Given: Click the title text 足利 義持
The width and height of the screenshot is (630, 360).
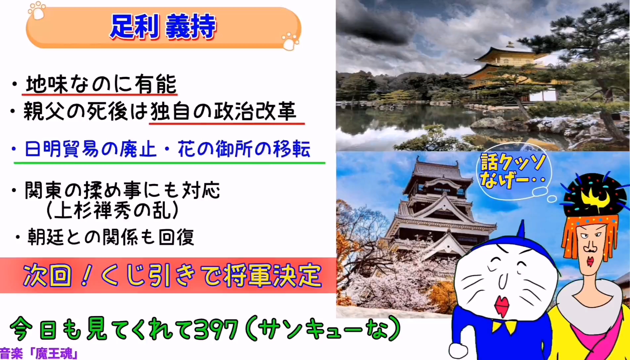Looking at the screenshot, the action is (x=163, y=26).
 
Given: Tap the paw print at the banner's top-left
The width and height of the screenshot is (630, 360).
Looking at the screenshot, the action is (x=37, y=11).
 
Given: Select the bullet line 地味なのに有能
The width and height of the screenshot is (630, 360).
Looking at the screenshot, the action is (x=101, y=84).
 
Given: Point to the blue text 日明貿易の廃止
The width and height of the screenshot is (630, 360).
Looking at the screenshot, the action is (x=90, y=149).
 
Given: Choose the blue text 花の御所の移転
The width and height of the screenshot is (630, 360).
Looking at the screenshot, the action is (x=244, y=149).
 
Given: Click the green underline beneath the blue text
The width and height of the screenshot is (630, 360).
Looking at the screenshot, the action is (x=169, y=163).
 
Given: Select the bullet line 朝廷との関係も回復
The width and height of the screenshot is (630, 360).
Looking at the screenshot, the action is (x=111, y=237).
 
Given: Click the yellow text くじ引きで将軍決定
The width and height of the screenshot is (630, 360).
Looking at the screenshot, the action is (x=211, y=275).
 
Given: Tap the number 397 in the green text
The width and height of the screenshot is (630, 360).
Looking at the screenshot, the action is (x=216, y=329).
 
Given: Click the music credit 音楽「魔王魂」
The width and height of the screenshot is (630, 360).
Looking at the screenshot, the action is (x=39, y=354).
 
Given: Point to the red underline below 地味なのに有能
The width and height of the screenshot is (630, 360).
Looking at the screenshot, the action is (x=100, y=95).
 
